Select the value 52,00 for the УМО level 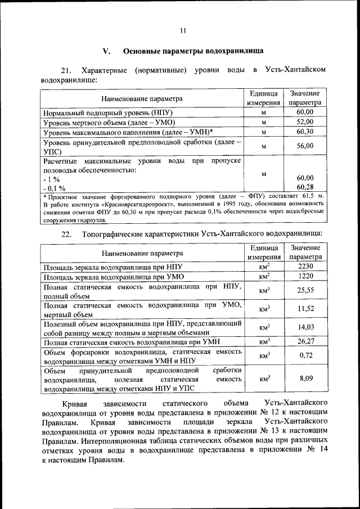(304, 121)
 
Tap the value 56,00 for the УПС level (304, 146)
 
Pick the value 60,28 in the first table (304, 187)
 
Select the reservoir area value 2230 (304, 266)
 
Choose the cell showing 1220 (304, 276)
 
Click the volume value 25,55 (304, 290)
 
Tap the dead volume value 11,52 (304, 309)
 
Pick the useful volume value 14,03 (304, 327)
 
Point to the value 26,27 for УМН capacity (304, 341)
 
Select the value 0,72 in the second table (304, 355)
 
